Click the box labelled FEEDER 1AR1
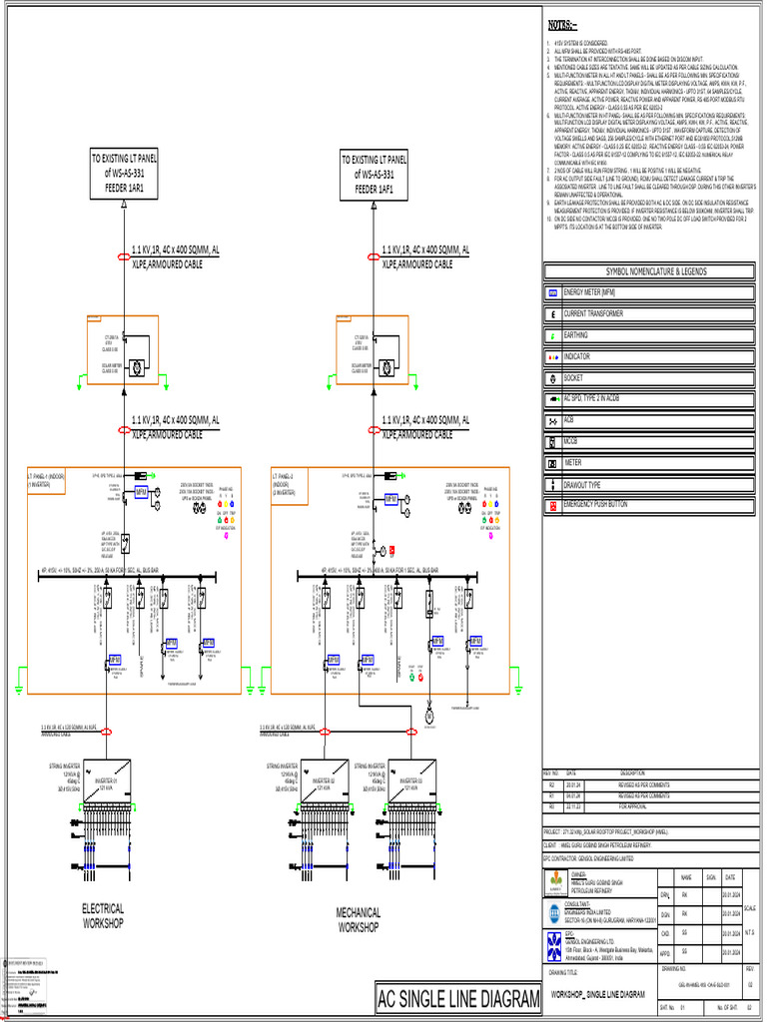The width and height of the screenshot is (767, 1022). click(123, 174)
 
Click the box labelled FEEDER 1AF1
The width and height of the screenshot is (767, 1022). click(374, 174)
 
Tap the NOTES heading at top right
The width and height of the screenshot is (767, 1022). click(560, 24)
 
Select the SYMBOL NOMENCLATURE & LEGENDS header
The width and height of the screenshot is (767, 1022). click(649, 271)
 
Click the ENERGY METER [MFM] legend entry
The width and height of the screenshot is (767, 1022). click(595, 292)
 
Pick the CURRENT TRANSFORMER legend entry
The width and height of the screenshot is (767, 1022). click(593, 313)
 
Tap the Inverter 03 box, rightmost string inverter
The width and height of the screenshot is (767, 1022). click(411, 781)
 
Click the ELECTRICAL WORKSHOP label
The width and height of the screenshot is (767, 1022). click(103, 916)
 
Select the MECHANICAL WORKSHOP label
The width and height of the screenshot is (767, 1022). click(358, 919)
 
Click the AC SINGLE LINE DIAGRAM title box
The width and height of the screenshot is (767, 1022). click(458, 998)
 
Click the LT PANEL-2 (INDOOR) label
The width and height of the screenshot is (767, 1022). click(289, 481)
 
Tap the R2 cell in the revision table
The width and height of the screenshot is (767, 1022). click(551, 785)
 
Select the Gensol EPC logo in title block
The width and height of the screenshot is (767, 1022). click(555, 946)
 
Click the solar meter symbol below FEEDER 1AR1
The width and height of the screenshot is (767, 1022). click(135, 367)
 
